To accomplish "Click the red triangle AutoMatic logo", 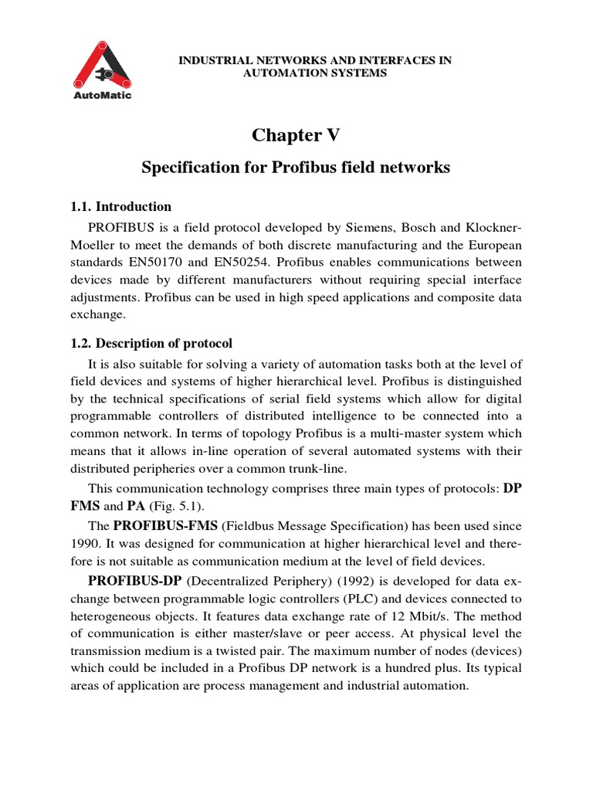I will coord(101,65).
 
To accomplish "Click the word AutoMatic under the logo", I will coord(101,96).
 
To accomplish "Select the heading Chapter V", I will coord(296,135).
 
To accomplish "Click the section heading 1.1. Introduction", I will coord(121,206).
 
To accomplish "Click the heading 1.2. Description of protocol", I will coord(151,343).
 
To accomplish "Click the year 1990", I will coord(86,543).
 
